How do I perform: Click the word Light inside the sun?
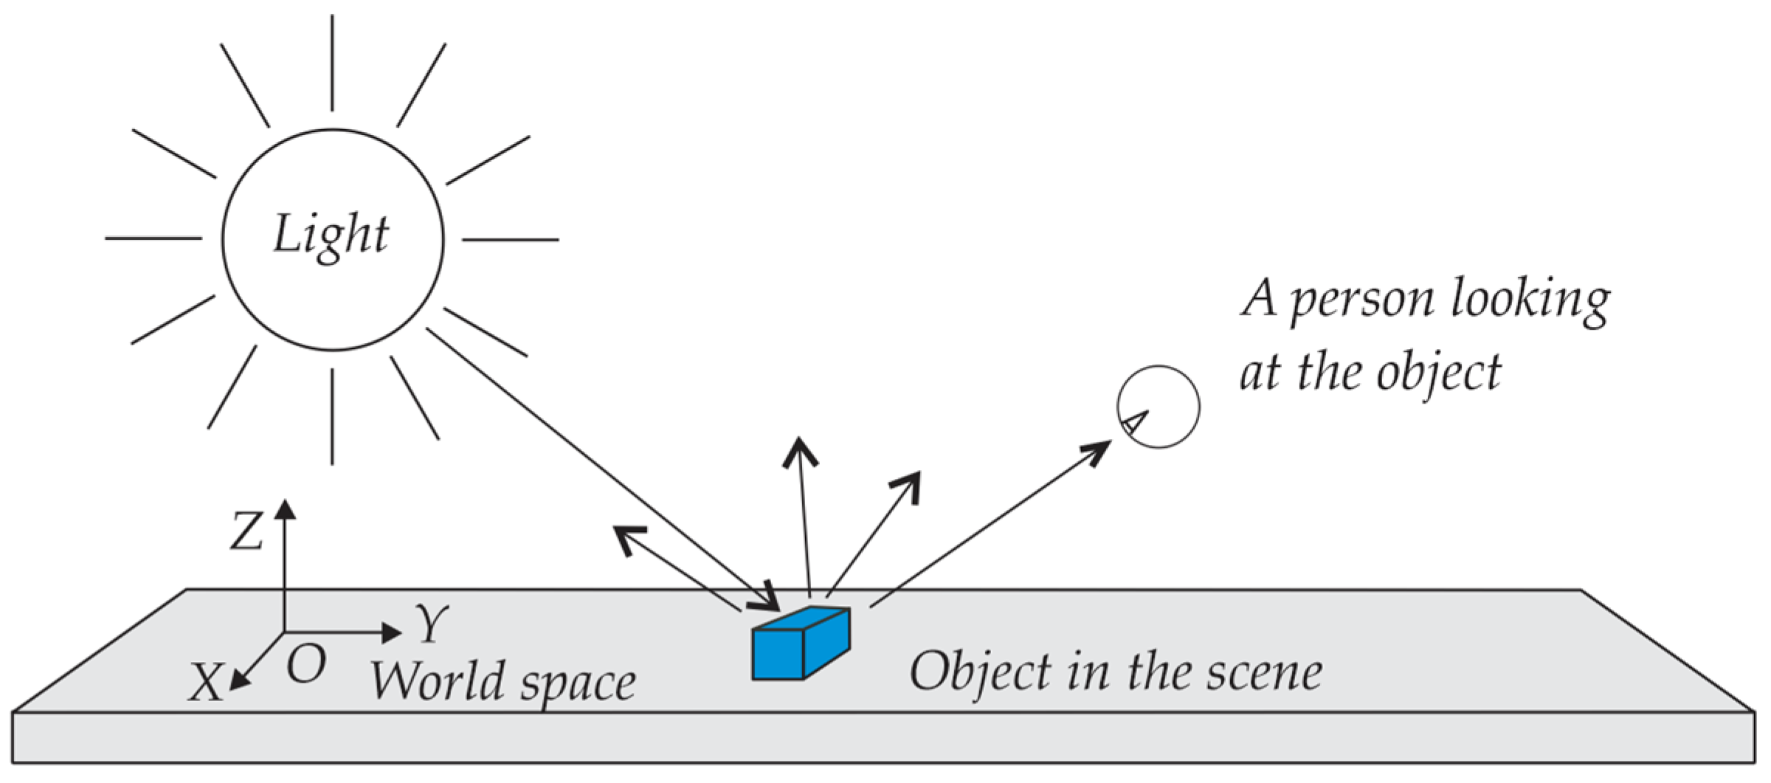[x=331, y=235]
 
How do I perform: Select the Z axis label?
[x=246, y=531]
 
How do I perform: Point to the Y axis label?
[x=432, y=624]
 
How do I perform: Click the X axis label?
[x=204, y=682]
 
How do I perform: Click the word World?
[x=437, y=680]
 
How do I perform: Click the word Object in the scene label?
[x=979, y=672]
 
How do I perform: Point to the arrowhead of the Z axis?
[x=285, y=509]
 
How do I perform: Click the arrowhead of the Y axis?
[x=391, y=632]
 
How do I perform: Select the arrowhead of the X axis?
[x=238, y=681]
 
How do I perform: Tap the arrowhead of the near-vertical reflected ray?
[x=800, y=450]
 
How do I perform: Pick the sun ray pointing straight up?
[x=332, y=63]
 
